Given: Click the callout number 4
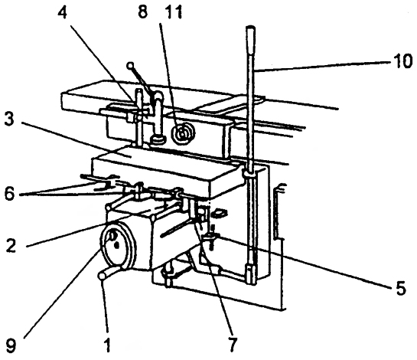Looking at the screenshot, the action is (62, 12).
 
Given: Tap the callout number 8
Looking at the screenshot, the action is (143, 12).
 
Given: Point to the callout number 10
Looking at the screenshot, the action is (402, 61).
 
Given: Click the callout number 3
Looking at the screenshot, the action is (9, 120).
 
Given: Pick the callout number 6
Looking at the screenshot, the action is (9, 195).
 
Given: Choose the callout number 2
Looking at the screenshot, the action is (11, 245).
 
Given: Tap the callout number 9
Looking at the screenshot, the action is (11, 345).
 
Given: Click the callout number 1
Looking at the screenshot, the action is (106, 345).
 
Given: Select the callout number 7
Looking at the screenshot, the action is (232, 345).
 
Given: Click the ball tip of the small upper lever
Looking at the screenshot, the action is (130, 65).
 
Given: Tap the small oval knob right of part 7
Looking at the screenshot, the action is (220, 212).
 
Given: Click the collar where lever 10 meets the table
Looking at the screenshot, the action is (249, 172).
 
